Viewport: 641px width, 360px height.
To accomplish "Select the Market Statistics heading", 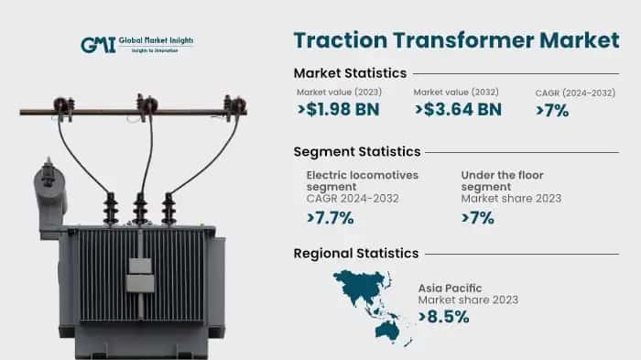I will tap(350, 73).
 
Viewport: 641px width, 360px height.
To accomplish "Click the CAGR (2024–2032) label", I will tap(574, 93).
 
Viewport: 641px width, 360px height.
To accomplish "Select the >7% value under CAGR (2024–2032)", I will tap(552, 111).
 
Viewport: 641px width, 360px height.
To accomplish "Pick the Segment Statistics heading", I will tap(356, 151).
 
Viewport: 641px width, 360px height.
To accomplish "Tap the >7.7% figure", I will tap(330, 218).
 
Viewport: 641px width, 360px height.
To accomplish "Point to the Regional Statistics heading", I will tap(355, 253).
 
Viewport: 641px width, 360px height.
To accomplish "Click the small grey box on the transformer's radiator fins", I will tap(138, 267).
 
